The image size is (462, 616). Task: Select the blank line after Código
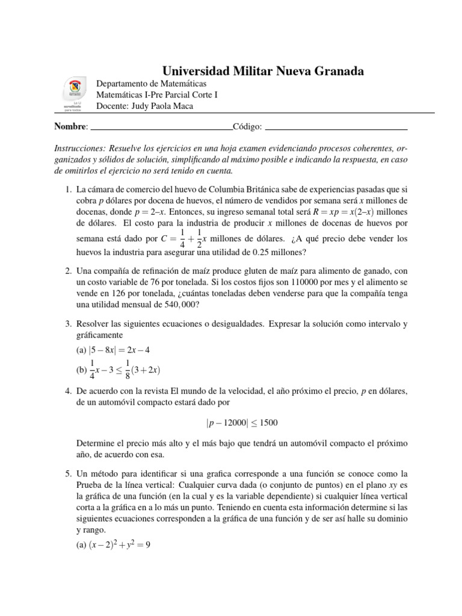(x=336, y=128)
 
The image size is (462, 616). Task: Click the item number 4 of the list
(x=69, y=392)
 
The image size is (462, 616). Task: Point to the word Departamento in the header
(x=124, y=83)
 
